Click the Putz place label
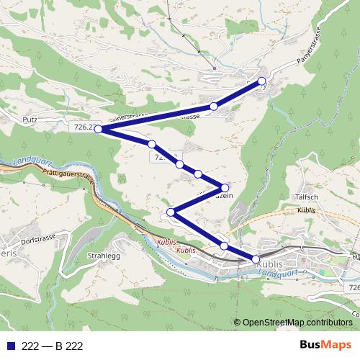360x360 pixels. pyautogui.click(x=30, y=120)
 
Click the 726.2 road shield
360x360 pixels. pyautogui.click(x=84, y=127)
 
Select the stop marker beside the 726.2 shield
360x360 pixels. pyautogui.click(x=98, y=130)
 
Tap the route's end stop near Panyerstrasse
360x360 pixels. pyautogui.click(x=262, y=81)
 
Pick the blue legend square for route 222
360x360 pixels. pyautogui.click(x=9, y=346)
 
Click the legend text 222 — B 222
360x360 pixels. pyautogui.click(x=53, y=346)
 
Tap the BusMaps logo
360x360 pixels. pyautogui.click(x=326, y=345)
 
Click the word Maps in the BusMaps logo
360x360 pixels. pyautogui.click(x=338, y=345)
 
